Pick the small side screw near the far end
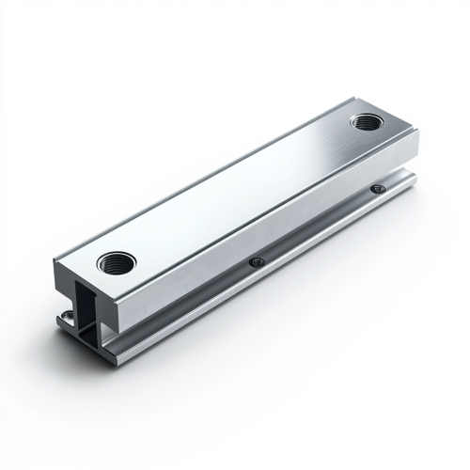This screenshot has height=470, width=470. point(378,188)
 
